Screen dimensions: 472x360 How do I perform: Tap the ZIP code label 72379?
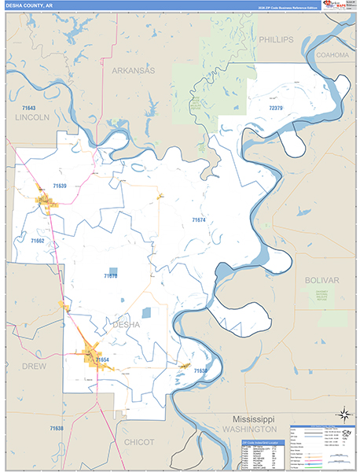click(275, 107)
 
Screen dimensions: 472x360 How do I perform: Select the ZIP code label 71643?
click(29, 107)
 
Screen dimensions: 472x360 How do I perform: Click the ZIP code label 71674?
click(199, 220)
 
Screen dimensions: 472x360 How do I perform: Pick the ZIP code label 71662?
click(37, 241)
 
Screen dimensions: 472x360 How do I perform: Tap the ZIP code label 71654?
click(103, 360)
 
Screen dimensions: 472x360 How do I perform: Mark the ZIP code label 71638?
click(55, 428)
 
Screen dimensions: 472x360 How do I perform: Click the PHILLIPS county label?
click(275, 39)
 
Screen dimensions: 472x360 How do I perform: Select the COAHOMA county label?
click(331, 56)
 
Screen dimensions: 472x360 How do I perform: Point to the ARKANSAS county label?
click(133, 70)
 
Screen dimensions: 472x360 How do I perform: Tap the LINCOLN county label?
click(31, 116)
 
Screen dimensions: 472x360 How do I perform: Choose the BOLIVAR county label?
click(321, 280)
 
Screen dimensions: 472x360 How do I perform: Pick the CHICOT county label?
click(140, 442)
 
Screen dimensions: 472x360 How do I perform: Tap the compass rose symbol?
click(343, 414)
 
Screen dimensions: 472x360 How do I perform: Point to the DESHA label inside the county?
click(126, 324)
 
